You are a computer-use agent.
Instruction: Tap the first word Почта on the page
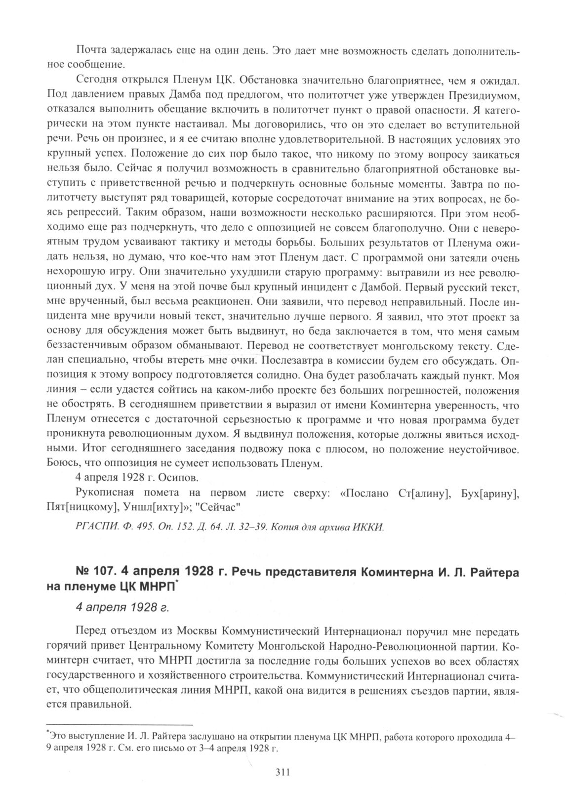pos(90,51)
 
